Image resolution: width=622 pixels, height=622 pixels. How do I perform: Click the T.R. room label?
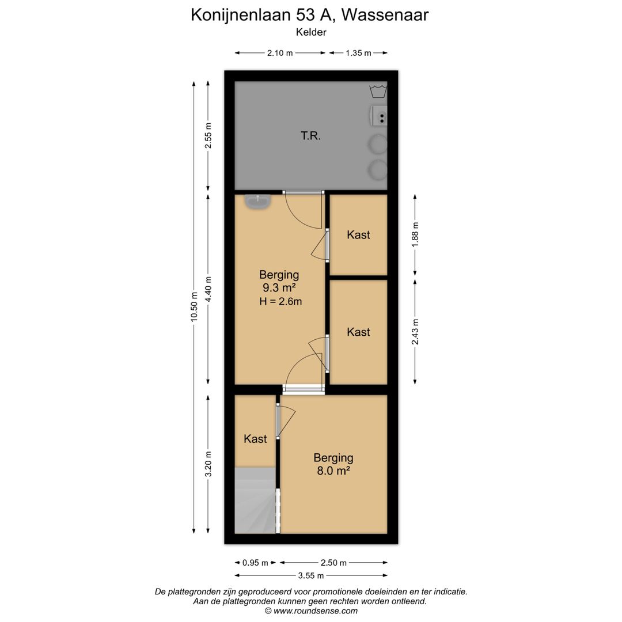coord(310,136)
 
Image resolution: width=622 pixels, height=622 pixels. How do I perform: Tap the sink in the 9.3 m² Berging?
coord(258,202)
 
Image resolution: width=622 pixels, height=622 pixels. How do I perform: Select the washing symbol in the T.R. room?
coord(378,91)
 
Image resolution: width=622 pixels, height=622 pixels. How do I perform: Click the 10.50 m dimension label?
coord(194,306)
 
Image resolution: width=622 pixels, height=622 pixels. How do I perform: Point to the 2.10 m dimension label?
coord(280,53)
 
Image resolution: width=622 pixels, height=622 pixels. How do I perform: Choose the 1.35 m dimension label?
coord(358,53)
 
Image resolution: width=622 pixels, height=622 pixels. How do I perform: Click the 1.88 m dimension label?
coord(415,234)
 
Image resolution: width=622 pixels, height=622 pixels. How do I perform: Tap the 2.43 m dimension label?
coord(415,332)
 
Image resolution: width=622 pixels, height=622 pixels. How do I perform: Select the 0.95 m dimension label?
coord(255,563)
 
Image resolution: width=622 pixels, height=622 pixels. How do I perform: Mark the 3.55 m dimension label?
coord(311,575)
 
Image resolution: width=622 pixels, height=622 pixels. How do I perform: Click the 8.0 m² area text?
coord(333,471)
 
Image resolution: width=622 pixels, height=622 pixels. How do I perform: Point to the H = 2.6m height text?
coord(280,301)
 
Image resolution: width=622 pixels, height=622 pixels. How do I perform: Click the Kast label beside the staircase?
coord(255,439)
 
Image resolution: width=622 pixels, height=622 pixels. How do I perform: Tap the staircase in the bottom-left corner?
coord(255,500)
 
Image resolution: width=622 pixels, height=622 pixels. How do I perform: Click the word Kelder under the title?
coord(311,32)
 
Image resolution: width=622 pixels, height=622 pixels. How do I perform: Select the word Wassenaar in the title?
coord(385,15)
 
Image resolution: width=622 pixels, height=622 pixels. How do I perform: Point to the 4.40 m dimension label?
coord(208,289)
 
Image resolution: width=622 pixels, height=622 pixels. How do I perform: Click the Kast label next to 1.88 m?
coord(358,235)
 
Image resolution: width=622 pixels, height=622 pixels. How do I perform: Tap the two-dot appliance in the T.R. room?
coord(379,116)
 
